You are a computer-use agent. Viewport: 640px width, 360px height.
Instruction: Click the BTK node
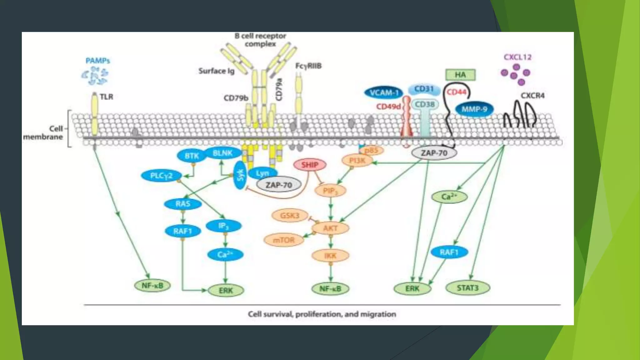pos(192,156)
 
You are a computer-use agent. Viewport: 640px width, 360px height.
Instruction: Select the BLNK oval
pos(222,153)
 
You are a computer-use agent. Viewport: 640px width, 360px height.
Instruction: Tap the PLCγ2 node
pos(161,176)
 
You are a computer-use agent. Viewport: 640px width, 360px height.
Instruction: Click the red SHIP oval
pos(310,165)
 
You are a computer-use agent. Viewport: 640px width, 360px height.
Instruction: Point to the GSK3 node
pos(290,216)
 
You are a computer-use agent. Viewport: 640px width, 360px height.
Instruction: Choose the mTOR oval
pos(284,240)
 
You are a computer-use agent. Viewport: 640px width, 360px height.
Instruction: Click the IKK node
pos(330,256)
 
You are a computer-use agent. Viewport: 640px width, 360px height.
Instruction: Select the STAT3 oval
pos(467,288)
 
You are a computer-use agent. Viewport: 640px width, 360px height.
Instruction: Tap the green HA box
pos(460,75)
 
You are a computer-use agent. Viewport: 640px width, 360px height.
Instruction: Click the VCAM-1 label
pos(384,93)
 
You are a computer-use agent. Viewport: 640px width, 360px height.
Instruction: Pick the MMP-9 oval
pos(474,109)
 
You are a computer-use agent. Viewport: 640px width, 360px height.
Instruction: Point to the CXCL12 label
pos(517,57)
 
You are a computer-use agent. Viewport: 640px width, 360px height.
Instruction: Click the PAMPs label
pos(98,61)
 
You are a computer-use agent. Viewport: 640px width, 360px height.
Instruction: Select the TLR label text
pos(106,97)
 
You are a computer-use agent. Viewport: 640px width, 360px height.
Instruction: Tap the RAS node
pos(183,204)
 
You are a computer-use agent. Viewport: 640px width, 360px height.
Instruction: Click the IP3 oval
pos(224,226)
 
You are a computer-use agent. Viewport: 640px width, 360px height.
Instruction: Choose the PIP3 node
pos(330,191)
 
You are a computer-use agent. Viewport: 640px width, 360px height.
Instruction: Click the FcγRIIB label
pos(308,66)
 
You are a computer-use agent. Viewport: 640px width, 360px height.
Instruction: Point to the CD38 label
pos(425,104)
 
